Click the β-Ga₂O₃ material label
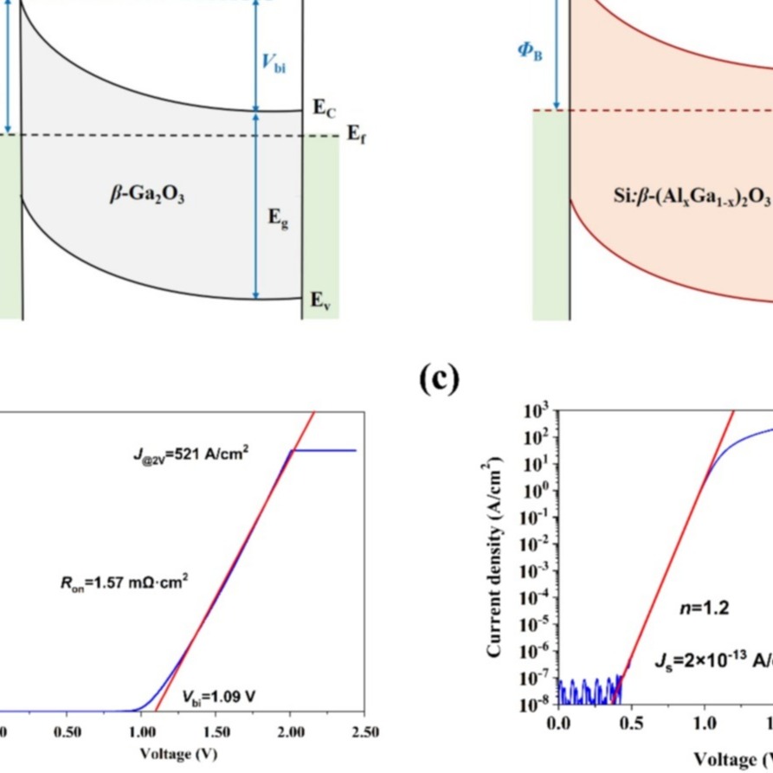tap(147, 196)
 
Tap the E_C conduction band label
tap(323, 107)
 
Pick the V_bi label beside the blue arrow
tap(274, 62)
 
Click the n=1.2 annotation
tap(705, 609)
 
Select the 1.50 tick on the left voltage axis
tap(216, 732)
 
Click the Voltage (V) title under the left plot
tap(178, 754)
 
